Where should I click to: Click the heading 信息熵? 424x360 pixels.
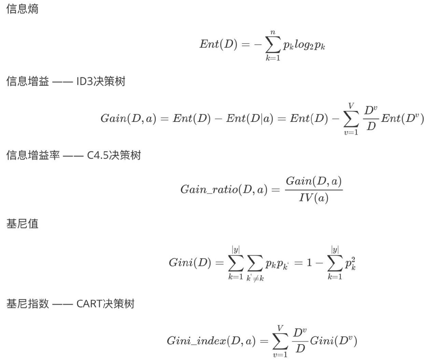pyautogui.click(x=22, y=9)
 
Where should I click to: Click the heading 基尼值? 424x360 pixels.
pyautogui.click(x=22, y=224)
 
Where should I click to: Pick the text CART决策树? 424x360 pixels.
pyautogui.click(x=105, y=304)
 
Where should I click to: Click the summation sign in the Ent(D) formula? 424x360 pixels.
pyautogui.click(x=273, y=45)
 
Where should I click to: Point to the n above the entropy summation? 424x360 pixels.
pyautogui.click(x=273, y=32)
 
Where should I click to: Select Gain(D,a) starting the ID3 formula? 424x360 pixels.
pyautogui.click(x=128, y=119)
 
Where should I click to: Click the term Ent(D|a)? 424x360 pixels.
pyautogui.click(x=250, y=119)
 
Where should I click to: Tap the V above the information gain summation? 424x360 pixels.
pyautogui.click(x=351, y=106)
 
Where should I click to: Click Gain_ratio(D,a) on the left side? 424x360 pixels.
pyautogui.click(x=224, y=190)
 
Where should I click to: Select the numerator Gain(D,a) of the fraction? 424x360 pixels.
pyautogui.click(x=314, y=181)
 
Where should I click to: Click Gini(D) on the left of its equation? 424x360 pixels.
pyautogui.click(x=190, y=263)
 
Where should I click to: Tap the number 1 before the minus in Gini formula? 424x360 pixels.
pyautogui.click(x=308, y=263)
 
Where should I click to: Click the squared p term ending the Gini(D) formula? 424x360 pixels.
pyautogui.click(x=350, y=263)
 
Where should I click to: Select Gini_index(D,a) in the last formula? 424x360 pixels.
pyautogui.click(x=211, y=341)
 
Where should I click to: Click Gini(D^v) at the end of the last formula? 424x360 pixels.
pyautogui.click(x=333, y=341)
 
